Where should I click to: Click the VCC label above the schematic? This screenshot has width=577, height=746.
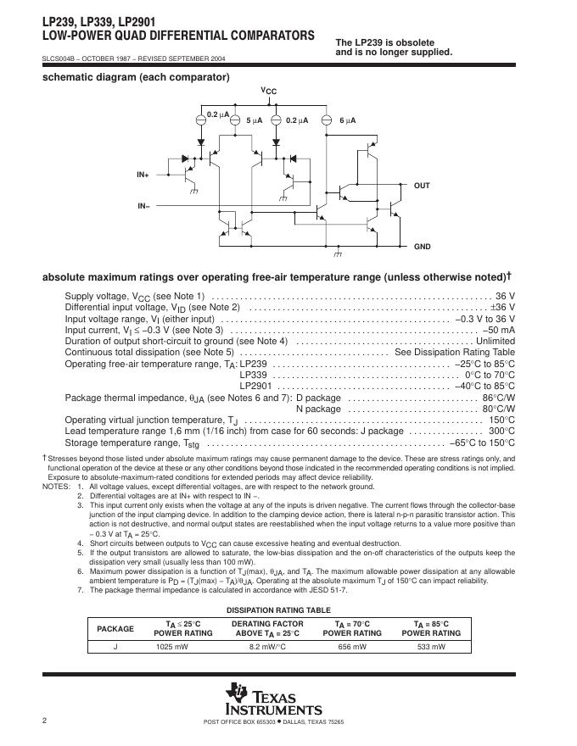click(268, 91)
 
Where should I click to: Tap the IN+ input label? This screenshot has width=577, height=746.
click(143, 175)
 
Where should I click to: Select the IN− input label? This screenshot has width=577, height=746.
click(143, 206)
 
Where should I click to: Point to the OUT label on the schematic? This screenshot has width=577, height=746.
click(422, 185)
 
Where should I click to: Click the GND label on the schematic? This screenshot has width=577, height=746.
click(422, 247)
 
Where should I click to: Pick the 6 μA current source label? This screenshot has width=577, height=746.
click(347, 121)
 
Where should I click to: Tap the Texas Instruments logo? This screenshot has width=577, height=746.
click(274, 699)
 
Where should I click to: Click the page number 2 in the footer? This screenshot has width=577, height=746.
click(44, 721)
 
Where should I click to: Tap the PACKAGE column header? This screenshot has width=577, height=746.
click(115, 628)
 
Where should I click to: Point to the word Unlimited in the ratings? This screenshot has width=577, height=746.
click(494, 341)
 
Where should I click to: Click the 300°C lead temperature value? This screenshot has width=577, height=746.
click(501, 431)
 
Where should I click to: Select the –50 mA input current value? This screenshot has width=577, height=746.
click(498, 330)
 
